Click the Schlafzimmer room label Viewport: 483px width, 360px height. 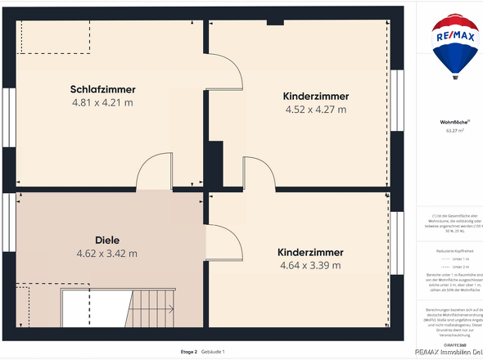coord(102,89)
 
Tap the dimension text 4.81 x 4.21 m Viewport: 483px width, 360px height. coord(102,103)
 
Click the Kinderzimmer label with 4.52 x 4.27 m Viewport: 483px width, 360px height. coord(315,96)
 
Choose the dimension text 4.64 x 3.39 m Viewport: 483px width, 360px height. coord(310,265)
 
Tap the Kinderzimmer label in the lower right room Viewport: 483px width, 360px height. coord(310,252)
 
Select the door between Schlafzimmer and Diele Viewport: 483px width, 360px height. coord(153,173)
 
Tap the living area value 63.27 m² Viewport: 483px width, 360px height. coord(454,130)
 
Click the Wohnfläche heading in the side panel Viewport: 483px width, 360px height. coord(454,122)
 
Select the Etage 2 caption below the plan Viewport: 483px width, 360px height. coord(189,352)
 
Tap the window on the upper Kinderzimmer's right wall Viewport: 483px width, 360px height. coord(398,97)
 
